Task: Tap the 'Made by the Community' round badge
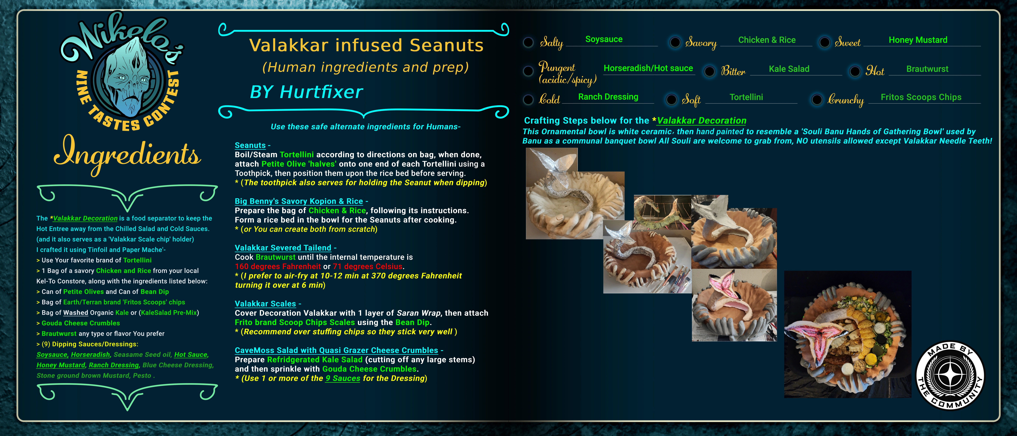point(950,376)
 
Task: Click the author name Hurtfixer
point(321,92)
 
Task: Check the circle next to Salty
point(528,42)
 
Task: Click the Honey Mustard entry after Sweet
point(918,40)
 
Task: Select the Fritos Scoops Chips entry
point(921,97)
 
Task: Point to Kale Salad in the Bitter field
point(789,69)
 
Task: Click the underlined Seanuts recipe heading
point(250,145)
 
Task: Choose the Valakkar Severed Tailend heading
point(283,248)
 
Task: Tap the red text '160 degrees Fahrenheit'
point(278,267)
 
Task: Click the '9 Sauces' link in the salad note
point(343,378)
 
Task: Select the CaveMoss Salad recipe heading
point(336,350)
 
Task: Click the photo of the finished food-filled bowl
point(848,334)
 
